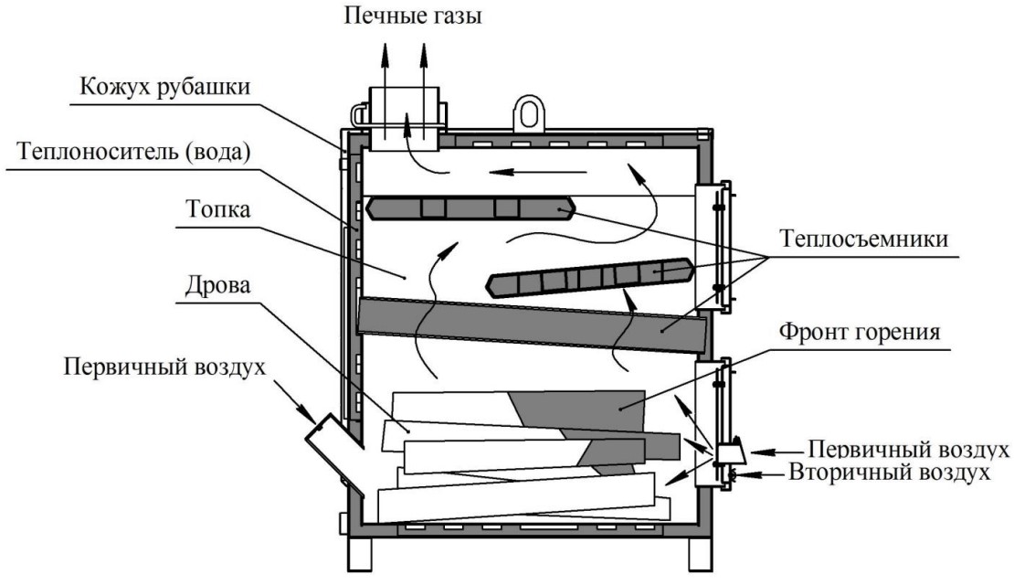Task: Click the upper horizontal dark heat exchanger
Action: [470, 209]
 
